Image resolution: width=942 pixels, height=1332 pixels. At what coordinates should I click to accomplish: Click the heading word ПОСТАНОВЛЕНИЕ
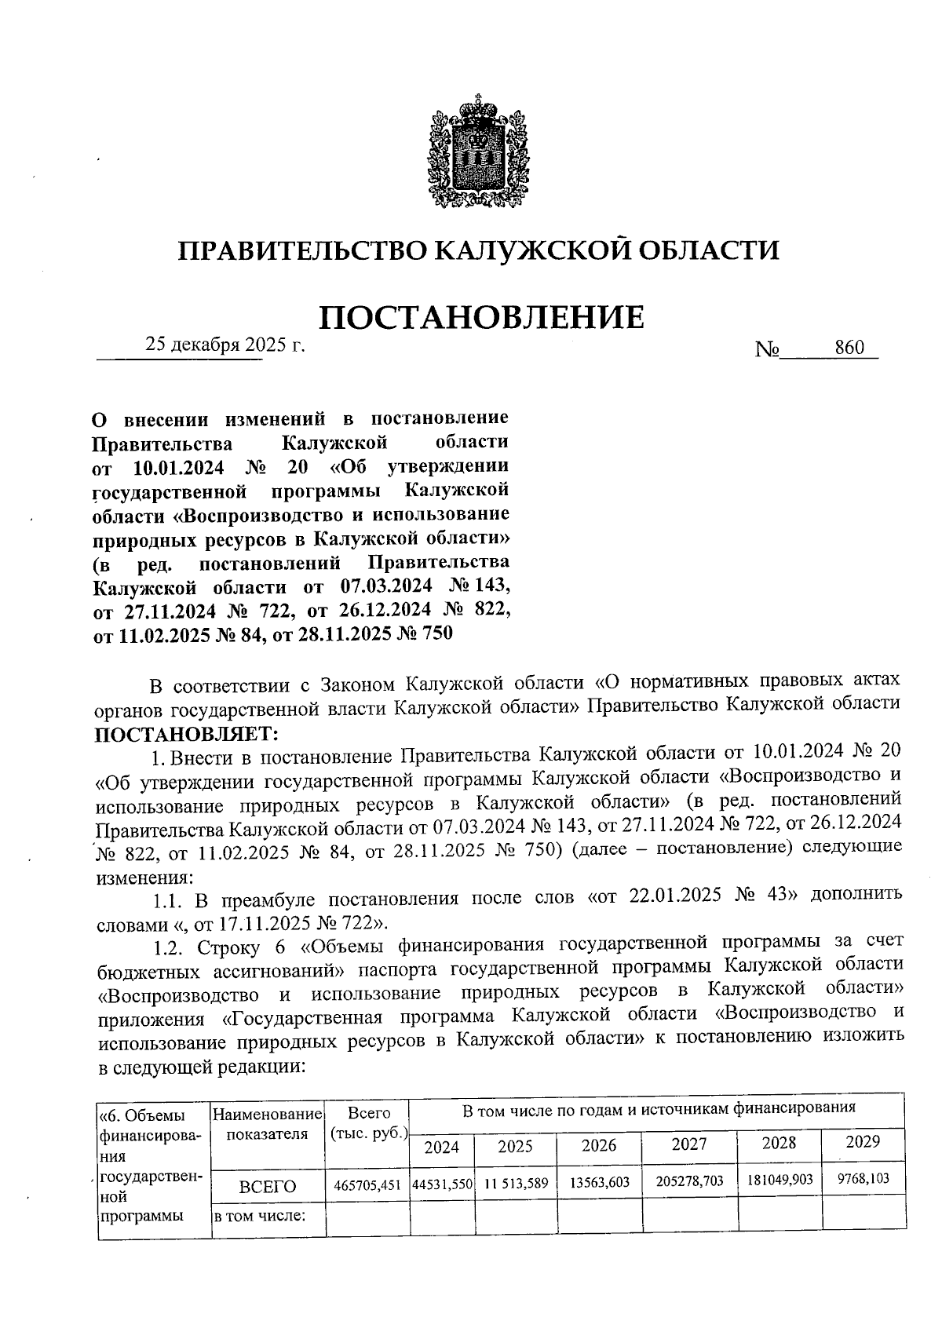coord(481,316)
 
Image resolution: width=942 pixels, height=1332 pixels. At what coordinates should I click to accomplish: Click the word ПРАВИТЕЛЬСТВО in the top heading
coord(301,250)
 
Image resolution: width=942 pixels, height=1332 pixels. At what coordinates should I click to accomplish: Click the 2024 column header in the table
coord(441,1147)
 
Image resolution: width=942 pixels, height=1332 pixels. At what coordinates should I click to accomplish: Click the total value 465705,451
coord(367,1186)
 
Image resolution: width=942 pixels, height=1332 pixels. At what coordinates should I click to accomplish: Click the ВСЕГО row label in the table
coord(268,1187)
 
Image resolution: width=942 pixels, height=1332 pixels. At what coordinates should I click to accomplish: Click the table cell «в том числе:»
coord(260,1217)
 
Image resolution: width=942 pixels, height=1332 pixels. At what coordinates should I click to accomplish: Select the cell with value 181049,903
coord(780,1180)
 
